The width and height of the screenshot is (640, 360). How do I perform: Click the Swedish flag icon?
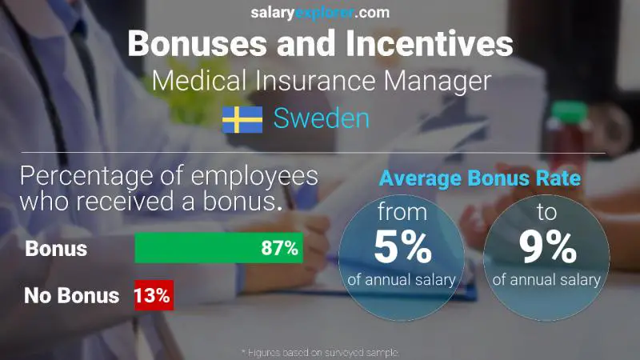pyautogui.click(x=242, y=119)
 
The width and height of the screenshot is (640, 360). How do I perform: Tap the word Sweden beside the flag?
pyautogui.click(x=322, y=119)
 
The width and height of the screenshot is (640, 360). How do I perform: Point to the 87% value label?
pyautogui.click(x=280, y=248)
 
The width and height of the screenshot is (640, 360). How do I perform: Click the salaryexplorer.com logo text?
pyautogui.click(x=319, y=12)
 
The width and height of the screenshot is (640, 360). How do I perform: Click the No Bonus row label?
pyautogui.click(x=72, y=295)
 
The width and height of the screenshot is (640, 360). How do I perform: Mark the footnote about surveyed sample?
pyautogui.click(x=320, y=352)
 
